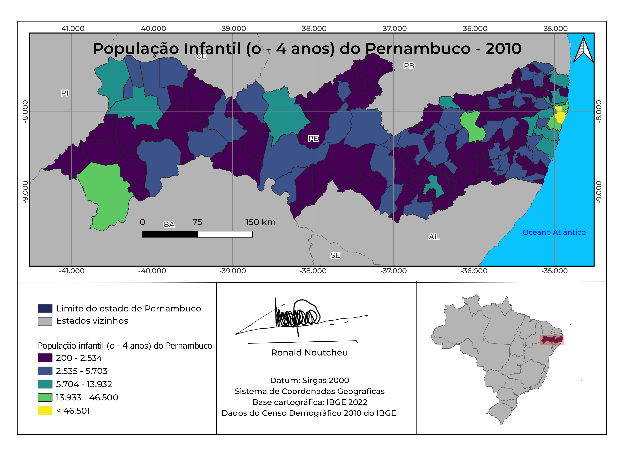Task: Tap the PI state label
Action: (x=65, y=93)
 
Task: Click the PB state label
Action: (x=409, y=66)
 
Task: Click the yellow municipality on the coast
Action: (x=560, y=115)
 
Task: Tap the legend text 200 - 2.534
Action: (x=79, y=358)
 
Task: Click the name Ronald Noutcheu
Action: (x=309, y=352)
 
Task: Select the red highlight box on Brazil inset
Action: (x=552, y=340)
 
